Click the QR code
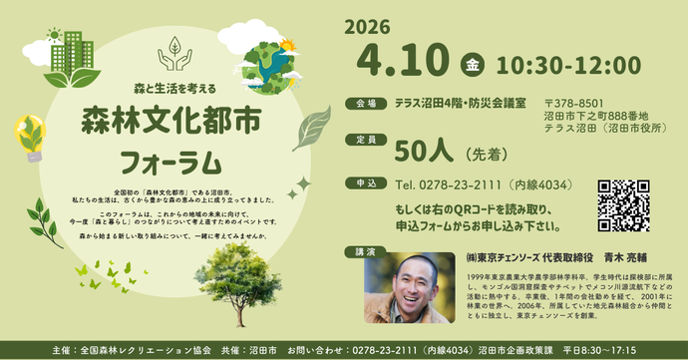pyautogui.click(x=623, y=205)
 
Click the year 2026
pyautogui.click(x=367, y=27)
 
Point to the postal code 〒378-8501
pyautogui.click(x=574, y=103)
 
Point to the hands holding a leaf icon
pyautogui.click(x=173, y=54)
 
